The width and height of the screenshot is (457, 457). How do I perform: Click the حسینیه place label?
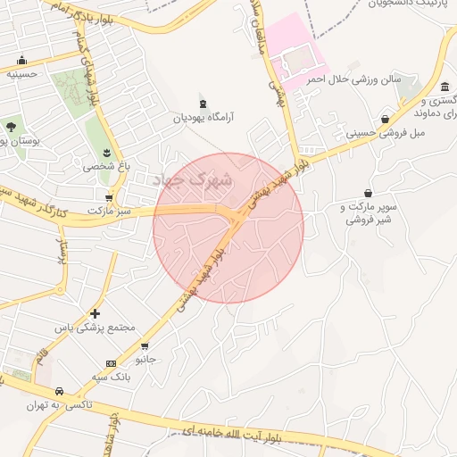[21, 75]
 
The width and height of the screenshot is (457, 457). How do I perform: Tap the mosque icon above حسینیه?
[21, 61]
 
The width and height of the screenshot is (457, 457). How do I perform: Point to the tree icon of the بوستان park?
[11, 128]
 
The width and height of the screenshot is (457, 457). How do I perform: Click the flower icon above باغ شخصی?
[108, 154]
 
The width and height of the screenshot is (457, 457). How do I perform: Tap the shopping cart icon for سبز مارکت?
[109, 198]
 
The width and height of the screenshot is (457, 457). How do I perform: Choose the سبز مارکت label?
[109, 212]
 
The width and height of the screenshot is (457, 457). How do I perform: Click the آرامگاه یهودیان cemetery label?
[203, 117]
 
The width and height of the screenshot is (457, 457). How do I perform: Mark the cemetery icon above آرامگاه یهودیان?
[203, 103]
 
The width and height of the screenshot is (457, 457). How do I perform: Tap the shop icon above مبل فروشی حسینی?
[385, 119]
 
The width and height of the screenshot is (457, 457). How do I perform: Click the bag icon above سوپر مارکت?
[368, 193]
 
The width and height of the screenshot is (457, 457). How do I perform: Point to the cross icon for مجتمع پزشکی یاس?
[95, 313]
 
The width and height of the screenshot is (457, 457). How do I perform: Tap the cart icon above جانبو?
[145, 346]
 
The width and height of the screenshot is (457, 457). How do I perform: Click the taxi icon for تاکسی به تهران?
[59, 392]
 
